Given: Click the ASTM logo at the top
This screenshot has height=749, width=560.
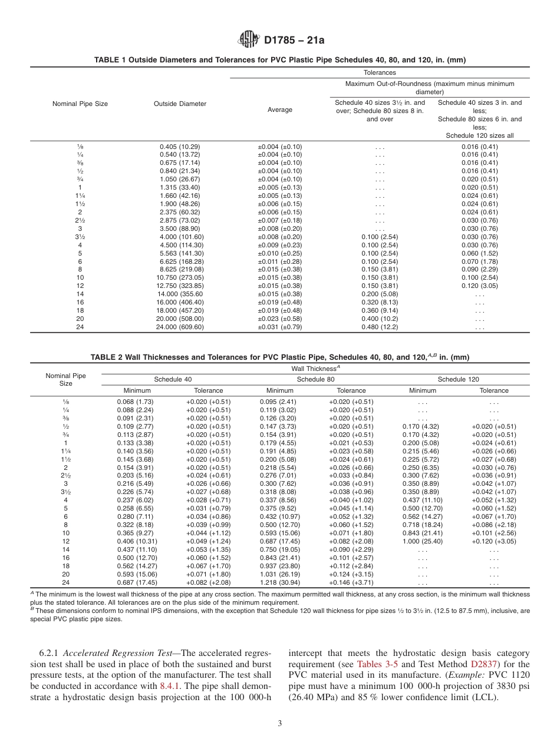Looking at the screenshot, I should coord(248,40).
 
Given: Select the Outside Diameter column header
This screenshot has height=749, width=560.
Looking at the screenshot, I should coord(180,104).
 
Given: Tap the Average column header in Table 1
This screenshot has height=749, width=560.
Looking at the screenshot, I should coord(279,110).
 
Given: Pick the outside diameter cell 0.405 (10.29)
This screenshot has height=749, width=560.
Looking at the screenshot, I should coord(180,146).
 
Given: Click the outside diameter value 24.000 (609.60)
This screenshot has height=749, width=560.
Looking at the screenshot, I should coord(180,327).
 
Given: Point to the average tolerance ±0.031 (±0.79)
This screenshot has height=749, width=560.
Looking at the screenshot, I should coord(279,327).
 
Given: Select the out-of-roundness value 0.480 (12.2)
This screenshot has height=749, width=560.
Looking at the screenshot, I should coord(380,327).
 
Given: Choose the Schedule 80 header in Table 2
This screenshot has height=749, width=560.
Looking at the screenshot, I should coord(315,380).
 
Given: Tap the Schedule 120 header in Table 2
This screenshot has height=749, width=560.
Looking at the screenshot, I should coord(458,380).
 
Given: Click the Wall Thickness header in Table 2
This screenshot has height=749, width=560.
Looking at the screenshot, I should coord(315,368).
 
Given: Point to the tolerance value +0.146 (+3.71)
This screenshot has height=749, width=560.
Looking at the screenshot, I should coord(351,582).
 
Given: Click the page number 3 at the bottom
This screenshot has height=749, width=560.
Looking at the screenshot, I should coord(280,724).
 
